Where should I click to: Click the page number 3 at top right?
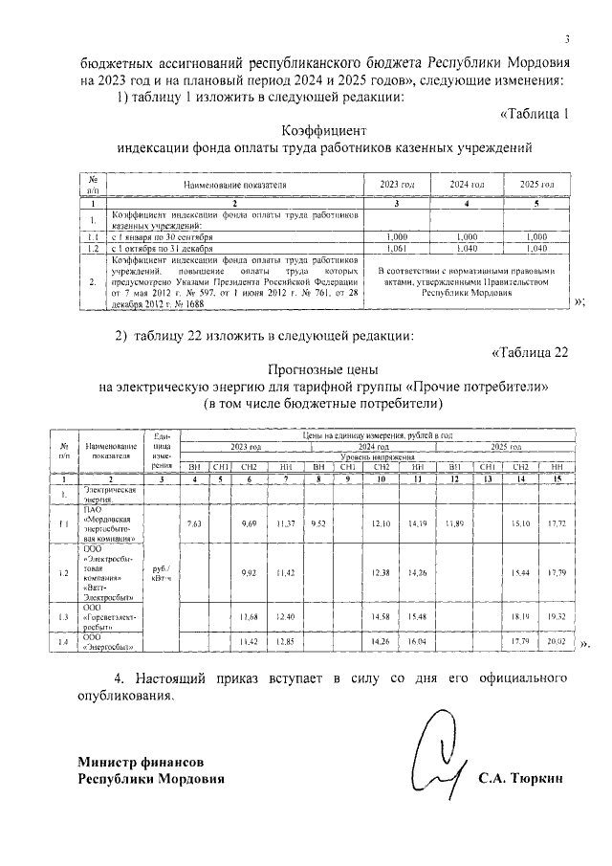tap(567, 39)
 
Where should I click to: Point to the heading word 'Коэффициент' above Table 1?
tap(324, 129)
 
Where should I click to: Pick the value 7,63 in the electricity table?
tap(194, 523)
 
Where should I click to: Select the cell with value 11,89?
tap(454, 523)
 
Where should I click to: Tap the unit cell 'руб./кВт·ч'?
tap(162, 574)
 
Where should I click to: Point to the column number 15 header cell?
tap(557, 477)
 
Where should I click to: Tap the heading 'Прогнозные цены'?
tap(324, 369)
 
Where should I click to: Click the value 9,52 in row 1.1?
tap(318, 523)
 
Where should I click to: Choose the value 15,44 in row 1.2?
tap(523, 574)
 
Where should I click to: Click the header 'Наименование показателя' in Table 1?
tap(234, 183)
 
